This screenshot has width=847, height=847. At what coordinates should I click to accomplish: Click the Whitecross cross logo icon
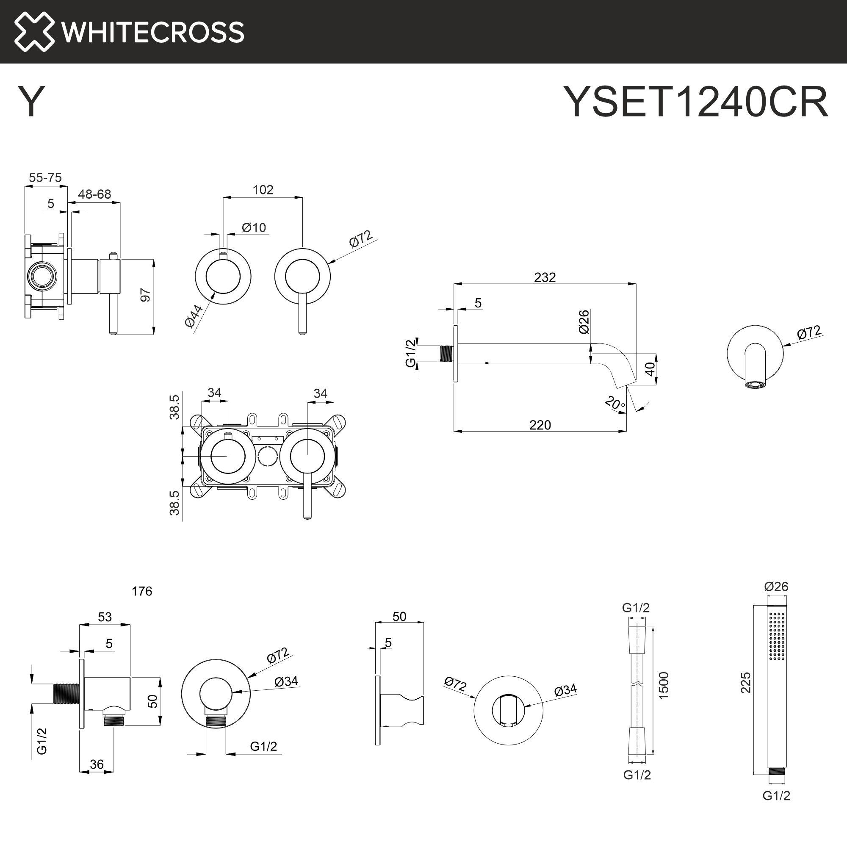click(x=34, y=32)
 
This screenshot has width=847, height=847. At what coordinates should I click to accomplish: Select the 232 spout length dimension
click(x=545, y=277)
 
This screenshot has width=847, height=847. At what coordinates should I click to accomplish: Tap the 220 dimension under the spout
click(x=540, y=425)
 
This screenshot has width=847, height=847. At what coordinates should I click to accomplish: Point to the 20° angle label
click(x=614, y=403)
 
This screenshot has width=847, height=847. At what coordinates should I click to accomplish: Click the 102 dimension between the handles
click(x=263, y=190)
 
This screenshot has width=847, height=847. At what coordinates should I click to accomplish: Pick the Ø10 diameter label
click(x=254, y=227)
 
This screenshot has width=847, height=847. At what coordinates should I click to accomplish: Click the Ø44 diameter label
click(x=194, y=316)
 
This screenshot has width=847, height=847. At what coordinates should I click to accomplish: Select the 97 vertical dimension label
click(x=146, y=295)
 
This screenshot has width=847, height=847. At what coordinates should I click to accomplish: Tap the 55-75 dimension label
click(x=45, y=177)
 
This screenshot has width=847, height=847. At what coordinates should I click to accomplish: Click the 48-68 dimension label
click(x=94, y=194)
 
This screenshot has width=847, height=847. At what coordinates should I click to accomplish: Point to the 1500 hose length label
click(x=663, y=685)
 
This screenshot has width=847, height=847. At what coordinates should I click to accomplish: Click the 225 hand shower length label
click(x=746, y=683)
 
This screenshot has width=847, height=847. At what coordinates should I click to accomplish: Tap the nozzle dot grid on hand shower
click(x=776, y=642)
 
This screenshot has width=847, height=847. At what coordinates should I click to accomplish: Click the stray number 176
click(x=141, y=591)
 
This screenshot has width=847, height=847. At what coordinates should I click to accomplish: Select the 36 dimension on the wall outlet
click(x=97, y=764)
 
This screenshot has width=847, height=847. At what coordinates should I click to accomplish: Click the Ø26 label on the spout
click(x=584, y=322)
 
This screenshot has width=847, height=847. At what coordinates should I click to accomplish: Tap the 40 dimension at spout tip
click(x=650, y=368)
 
